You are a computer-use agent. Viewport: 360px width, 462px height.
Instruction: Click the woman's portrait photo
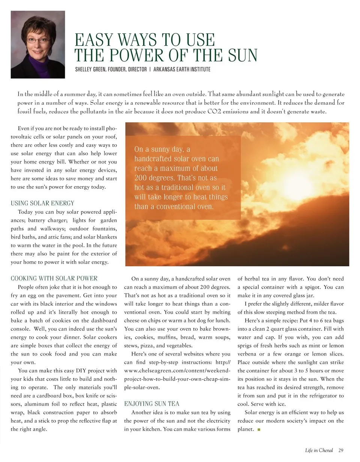coord(37,44)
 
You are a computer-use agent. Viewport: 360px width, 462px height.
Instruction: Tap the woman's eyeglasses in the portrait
coord(38,39)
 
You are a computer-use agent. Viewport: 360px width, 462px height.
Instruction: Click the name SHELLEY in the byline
coord(85,69)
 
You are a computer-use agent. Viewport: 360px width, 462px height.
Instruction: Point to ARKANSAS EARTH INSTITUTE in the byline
coord(182,69)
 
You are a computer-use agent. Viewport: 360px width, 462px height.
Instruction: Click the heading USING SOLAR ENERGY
coord(42,203)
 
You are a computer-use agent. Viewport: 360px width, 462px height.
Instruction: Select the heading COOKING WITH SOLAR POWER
coord(54,278)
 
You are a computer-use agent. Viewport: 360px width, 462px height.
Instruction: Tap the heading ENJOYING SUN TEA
coord(151,404)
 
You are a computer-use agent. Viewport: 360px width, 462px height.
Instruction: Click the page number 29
coord(340,450)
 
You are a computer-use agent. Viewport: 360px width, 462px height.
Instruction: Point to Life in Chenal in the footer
coord(319,450)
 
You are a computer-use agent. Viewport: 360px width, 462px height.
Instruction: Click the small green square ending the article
coord(258,429)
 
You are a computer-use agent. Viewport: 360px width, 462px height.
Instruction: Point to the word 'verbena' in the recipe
coord(248,354)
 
